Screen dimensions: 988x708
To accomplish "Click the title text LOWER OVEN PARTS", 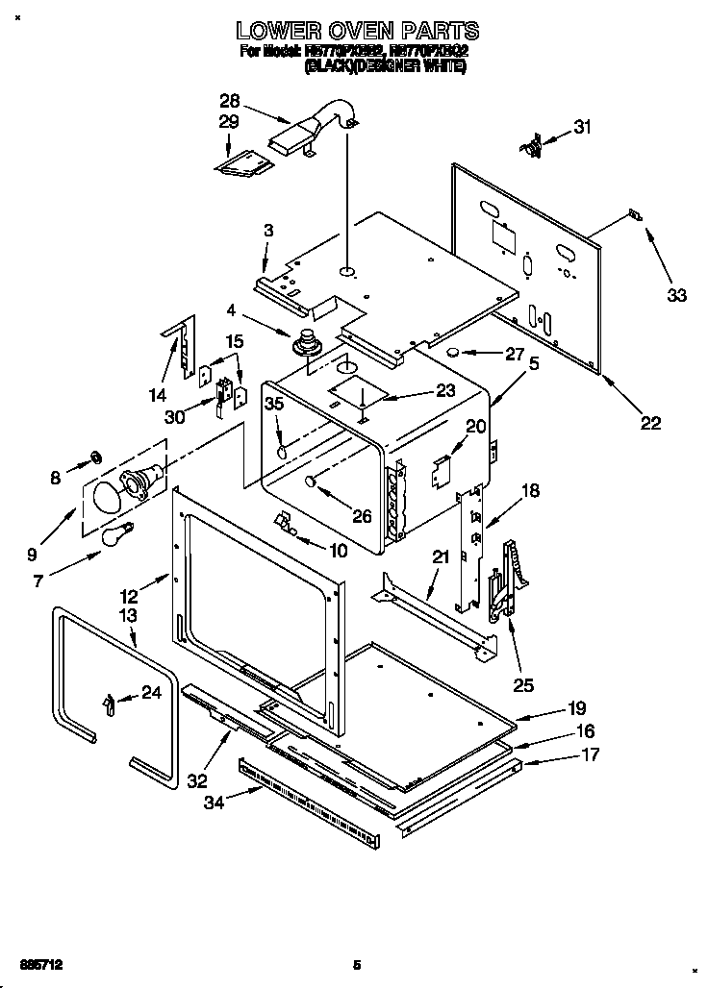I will click(x=357, y=32).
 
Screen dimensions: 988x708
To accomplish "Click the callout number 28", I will click(x=230, y=100).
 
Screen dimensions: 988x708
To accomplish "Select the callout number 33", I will click(x=677, y=295).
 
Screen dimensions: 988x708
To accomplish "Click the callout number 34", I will click(x=214, y=803).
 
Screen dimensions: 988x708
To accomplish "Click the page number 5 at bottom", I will click(x=357, y=965).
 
